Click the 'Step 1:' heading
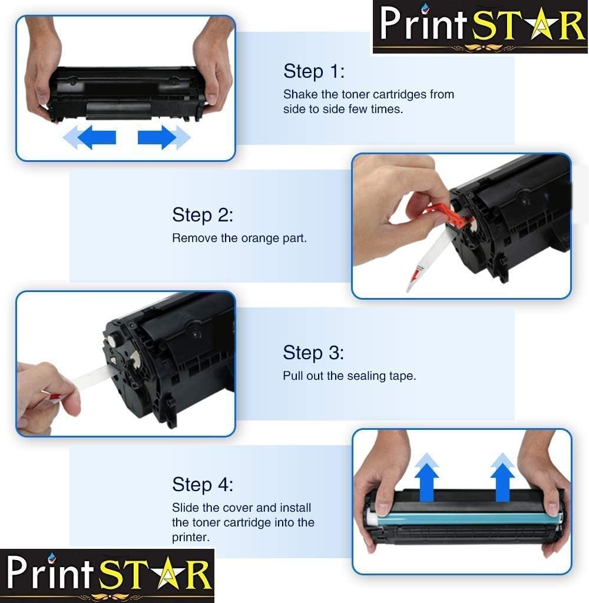(x=313, y=71)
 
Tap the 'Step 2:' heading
(x=203, y=215)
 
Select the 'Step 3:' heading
(x=313, y=353)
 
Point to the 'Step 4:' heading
(x=203, y=485)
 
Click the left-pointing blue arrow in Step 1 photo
(x=91, y=138)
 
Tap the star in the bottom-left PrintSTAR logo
(x=159, y=576)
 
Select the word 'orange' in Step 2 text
(x=259, y=238)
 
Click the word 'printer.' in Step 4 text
(x=190, y=537)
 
